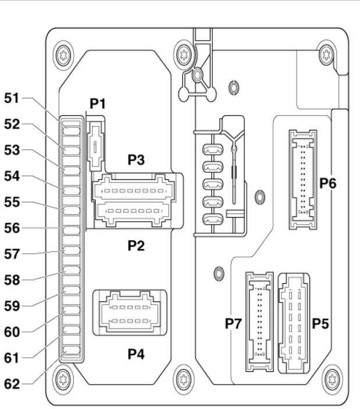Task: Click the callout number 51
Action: pyautogui.click(x=12, y=98)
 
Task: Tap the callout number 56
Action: pyautogui.click(x=12, y=228)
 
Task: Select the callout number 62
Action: pyautogui.click(x=12, y=384)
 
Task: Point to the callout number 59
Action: pyautogui.click(x=12, y=305)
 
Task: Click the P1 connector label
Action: pyautogui.click(x=98, y=104)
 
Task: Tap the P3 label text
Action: pyautogui.click(x=136, y=159)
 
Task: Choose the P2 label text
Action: pyautogui.click(x=136, y=246)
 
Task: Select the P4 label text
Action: pyautogui.click(x=136, y=354)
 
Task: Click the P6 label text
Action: pyautogui.click(x=328, y=183)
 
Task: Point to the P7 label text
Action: pyautogui.click(x=233, y=323)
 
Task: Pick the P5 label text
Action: pyautogui.click(x=320, y=323)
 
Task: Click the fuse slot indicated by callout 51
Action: pyautogui.click(x=72, y=131)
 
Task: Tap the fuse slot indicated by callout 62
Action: pyautogui.click(x=72, y=350)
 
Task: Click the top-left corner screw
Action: pyautogui.click(x=63, y=55)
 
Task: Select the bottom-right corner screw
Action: pyautogui.click(x=332, y=379)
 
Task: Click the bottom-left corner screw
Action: pyautogui.click(x=63, y=379)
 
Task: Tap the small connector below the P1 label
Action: pyautogui.click(x=95, y=144)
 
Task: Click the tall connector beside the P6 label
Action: pyautogui.click(x=303, y=180)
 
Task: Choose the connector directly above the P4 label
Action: pyautogui.click(x=130, y=312)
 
